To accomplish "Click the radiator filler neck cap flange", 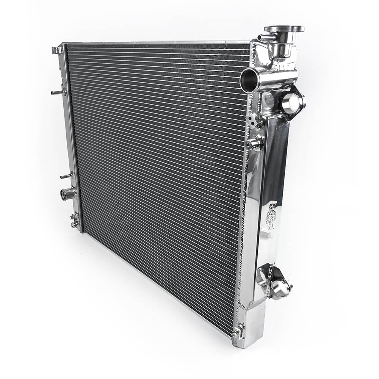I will [284, 29].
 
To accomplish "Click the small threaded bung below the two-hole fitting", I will [253, 144].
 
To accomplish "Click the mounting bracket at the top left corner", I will [57, 50].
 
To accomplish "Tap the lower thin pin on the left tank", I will [66, 176].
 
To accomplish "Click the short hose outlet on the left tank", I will [67, 194].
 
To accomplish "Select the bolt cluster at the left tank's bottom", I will [74, 220].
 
